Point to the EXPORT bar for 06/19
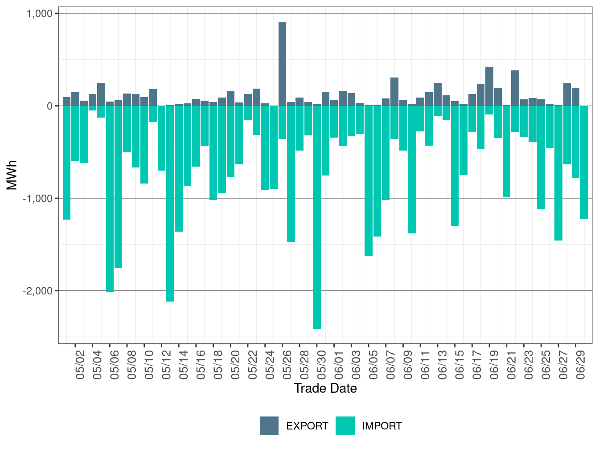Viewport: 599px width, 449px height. coord(489,86)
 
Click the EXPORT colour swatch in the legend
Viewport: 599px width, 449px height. coord(269,426)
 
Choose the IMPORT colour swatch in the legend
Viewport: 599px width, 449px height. coord(345,426)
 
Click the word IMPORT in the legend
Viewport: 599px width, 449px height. coord(382,426)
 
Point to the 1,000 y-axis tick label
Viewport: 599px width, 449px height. coord(40,14)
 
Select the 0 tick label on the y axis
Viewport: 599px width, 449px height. coord(49,106)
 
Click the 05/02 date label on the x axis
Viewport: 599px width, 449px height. coord(81,365)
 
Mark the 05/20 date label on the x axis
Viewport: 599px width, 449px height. coord(236,365)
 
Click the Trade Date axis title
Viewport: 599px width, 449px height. coord(325,388)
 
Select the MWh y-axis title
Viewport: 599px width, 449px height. coord(12,175)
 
